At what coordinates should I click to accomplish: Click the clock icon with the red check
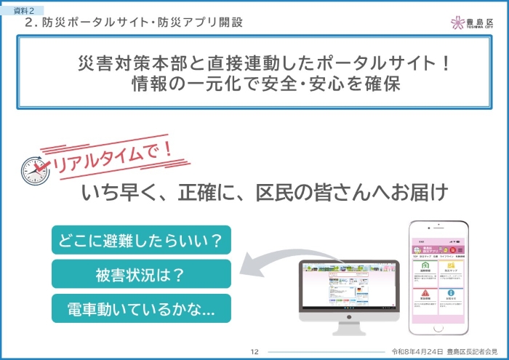click(x=36, y=170)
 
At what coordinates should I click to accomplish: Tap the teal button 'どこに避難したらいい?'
click(x=141, y=239)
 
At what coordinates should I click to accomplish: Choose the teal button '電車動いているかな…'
click(x=141, y=308)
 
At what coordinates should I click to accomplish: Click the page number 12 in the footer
click(x=254, y=351)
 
